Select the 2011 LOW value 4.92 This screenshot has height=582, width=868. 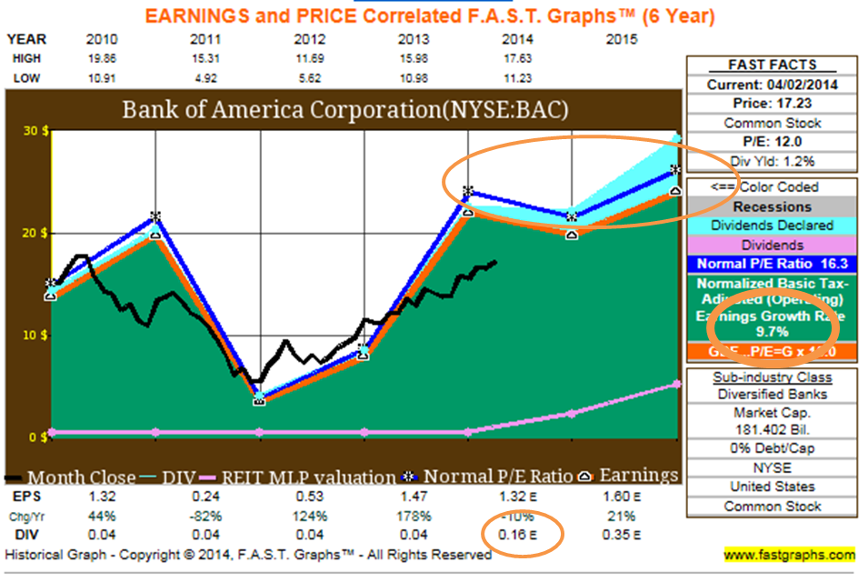(205, 78)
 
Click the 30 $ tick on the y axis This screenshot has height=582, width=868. (35, 131)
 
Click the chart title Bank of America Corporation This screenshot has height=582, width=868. (345, 110)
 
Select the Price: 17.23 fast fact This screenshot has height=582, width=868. (773, 104)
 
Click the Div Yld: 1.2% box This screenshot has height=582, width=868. (773, 161)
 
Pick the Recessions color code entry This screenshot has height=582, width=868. (773, 206)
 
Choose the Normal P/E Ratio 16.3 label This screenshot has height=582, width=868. (773, 265)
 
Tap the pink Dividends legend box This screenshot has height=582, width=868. (773, 246)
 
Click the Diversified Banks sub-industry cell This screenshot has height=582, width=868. (773, 395)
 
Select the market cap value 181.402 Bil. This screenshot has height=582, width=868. (773, 430)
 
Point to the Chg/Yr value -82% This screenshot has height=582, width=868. (205, 517)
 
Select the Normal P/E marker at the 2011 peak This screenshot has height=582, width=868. (155, 217)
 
